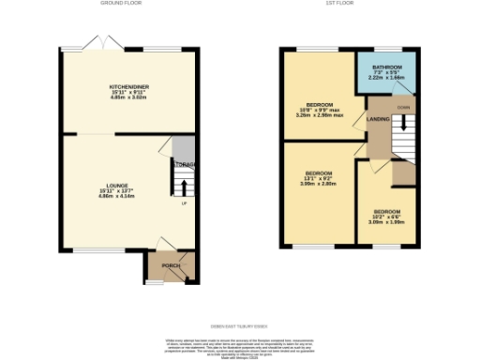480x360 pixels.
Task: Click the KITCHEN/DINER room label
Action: (129, 85)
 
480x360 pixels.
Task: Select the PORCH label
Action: (171, 265)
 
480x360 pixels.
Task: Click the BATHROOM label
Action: (386, 67)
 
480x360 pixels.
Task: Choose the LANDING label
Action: (378, 119)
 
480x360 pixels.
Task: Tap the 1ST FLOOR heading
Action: (350, 4)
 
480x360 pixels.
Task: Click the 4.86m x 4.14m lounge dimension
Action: (117, 198)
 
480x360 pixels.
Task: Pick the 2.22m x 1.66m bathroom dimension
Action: (386, 80)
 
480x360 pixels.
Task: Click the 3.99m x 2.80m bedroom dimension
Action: (318, 185)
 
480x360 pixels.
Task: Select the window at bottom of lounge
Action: (91, 250)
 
